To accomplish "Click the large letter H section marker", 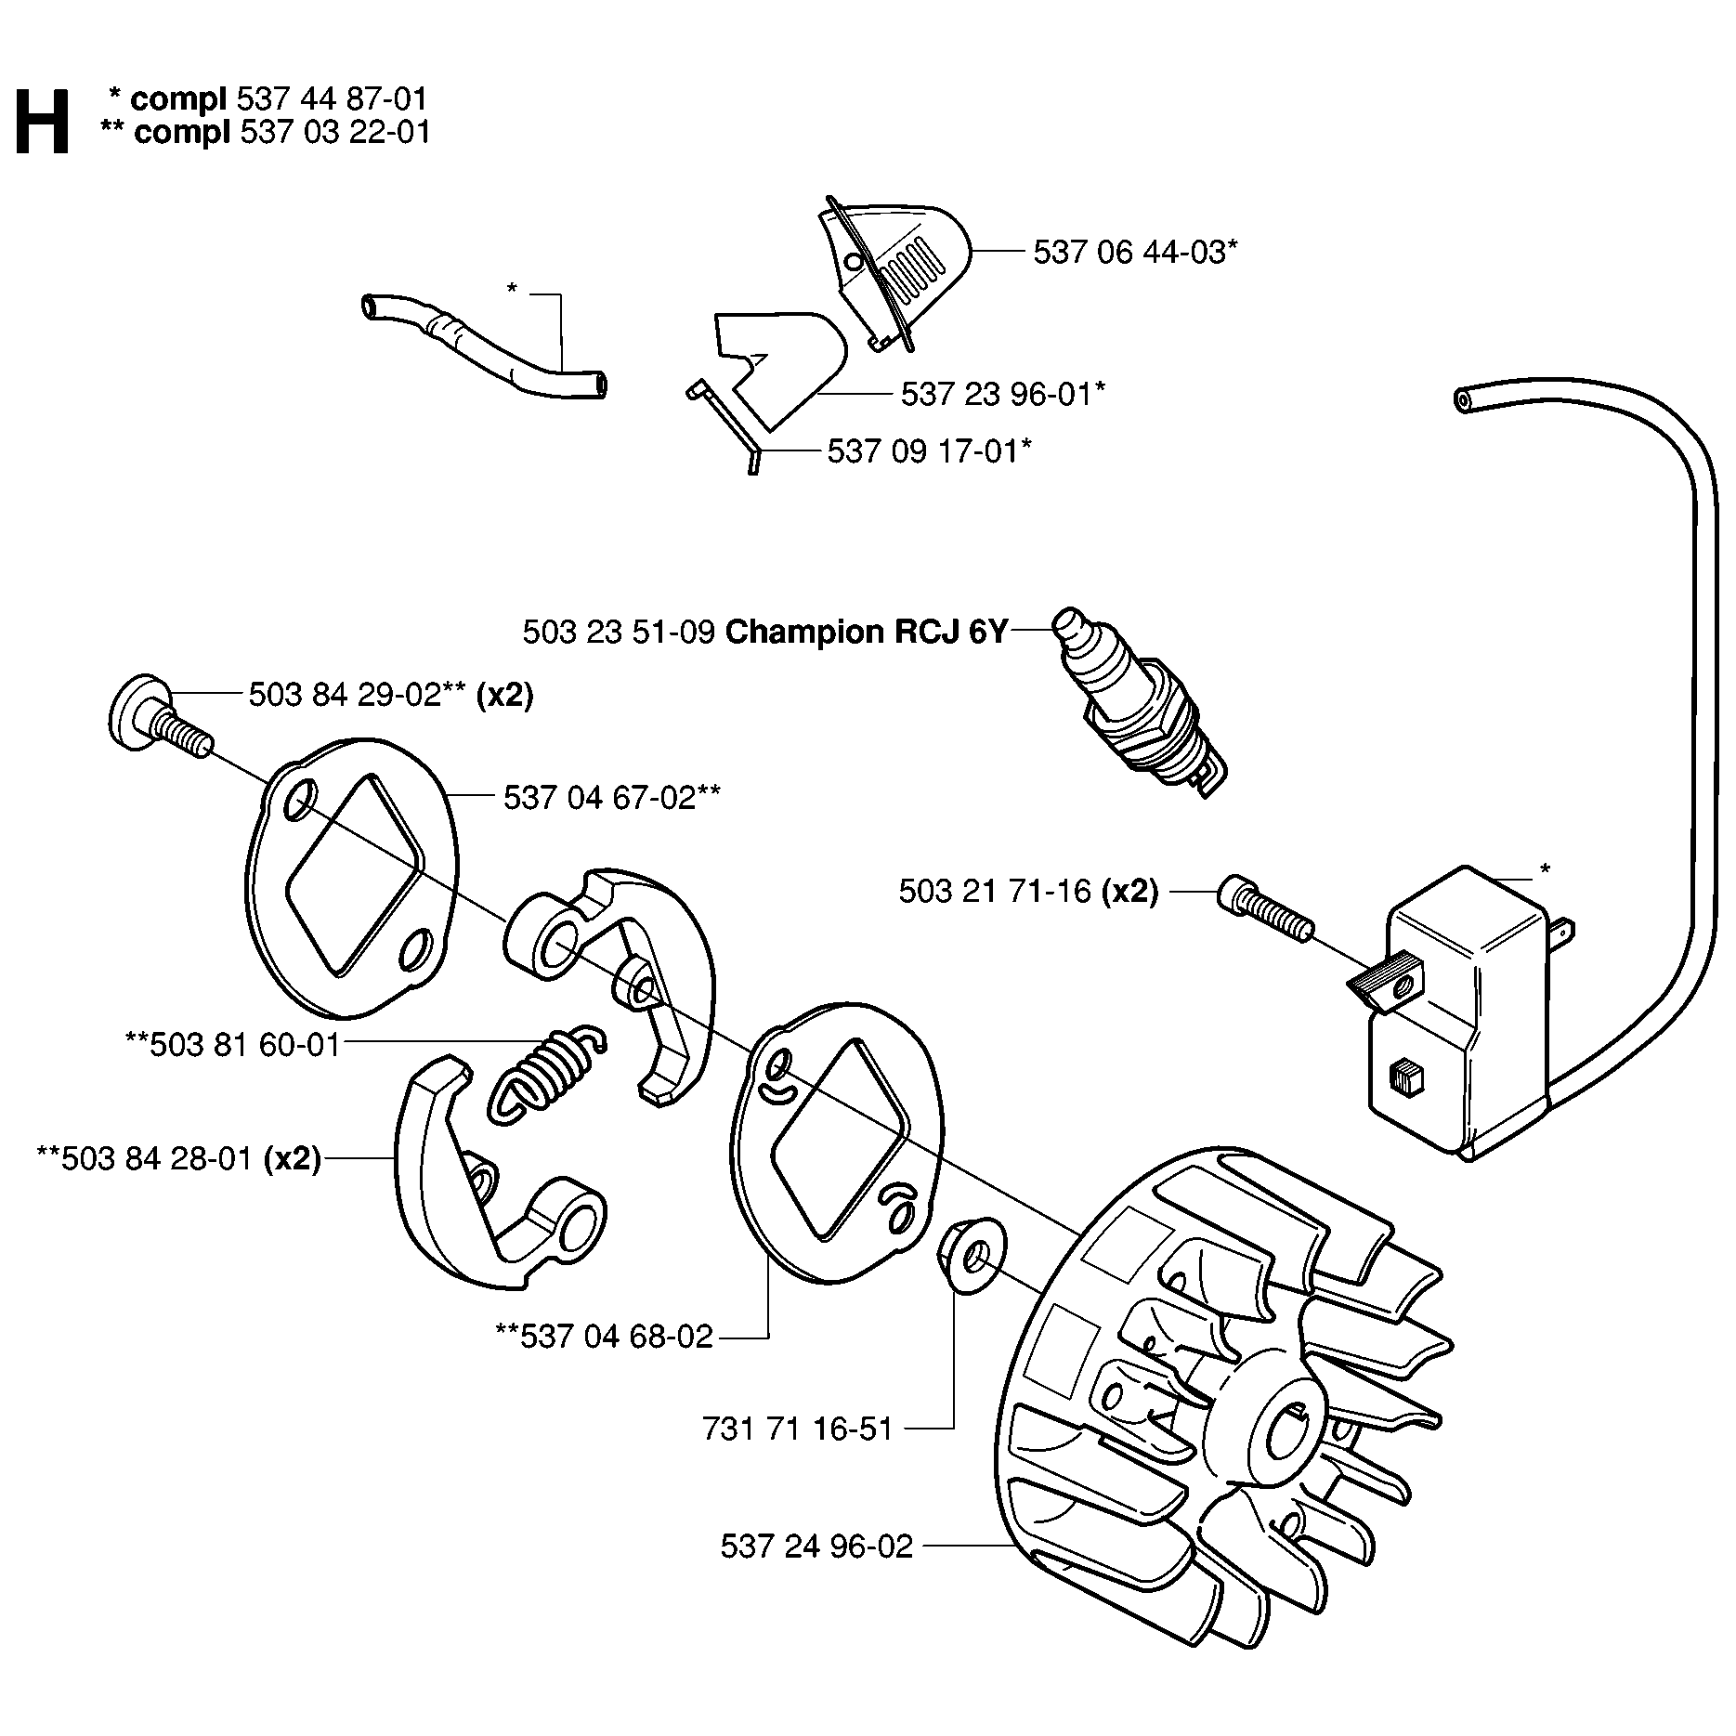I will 43,121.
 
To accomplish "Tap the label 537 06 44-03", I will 1134,252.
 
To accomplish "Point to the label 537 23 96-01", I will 1002,395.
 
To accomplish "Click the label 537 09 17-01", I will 928,451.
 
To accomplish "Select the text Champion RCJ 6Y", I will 866,633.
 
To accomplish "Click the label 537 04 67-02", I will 611,797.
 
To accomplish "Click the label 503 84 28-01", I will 178,1159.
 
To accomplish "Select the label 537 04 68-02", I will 605,1337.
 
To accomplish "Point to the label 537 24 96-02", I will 816,1546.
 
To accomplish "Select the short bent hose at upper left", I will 482,345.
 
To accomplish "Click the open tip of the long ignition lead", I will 1463,399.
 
